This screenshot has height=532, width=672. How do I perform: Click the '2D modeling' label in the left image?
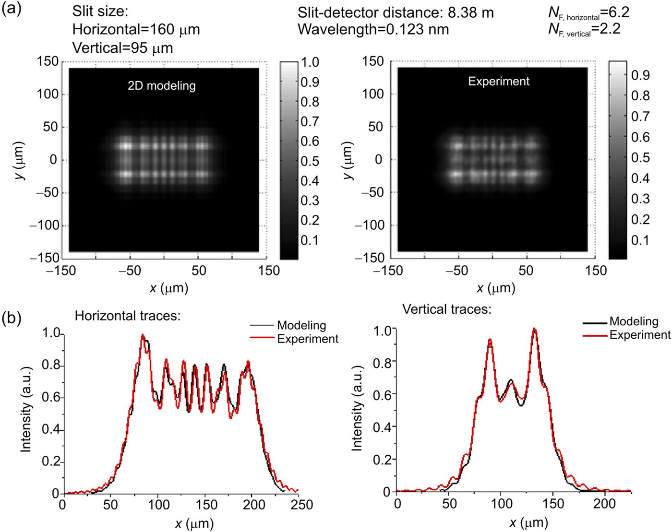click(x=161, y=86)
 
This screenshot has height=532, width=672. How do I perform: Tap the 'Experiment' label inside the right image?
click(x=499, y=82)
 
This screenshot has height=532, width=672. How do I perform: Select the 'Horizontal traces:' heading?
click(x=128, y=316)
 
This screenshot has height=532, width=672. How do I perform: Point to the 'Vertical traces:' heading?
click(x=446, y=309)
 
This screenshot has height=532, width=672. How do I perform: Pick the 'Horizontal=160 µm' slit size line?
click(x=136, y=30)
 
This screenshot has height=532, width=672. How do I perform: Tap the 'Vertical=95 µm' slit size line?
click(x=122, y=48)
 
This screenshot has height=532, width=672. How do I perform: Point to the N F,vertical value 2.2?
click(x=610, y=29)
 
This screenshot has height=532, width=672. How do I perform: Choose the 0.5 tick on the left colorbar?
click(x=310, y=161)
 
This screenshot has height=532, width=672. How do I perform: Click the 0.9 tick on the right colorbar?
click(x=640, y=75)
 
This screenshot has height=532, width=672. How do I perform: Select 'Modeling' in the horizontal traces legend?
click(x=301, y=325)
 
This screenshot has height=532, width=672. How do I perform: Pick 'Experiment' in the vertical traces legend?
click(x=640, y=335)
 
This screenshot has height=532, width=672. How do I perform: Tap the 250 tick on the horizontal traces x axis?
click(x=302, y=505)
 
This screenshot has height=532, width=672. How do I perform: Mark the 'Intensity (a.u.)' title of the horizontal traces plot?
click(x=26, y=409)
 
